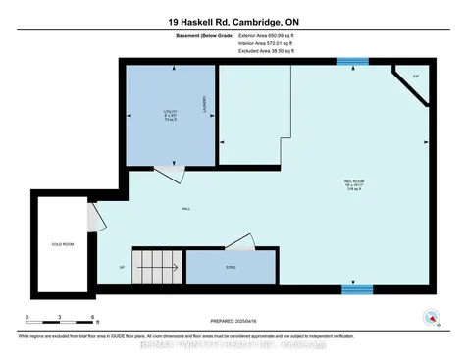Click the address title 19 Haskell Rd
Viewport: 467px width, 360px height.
(x=233, y=22)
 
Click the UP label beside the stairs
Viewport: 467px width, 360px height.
(x=121, y=266)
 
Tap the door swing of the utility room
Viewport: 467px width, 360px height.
(x=168, y=174)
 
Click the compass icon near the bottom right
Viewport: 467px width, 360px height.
(x=429, y=317)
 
